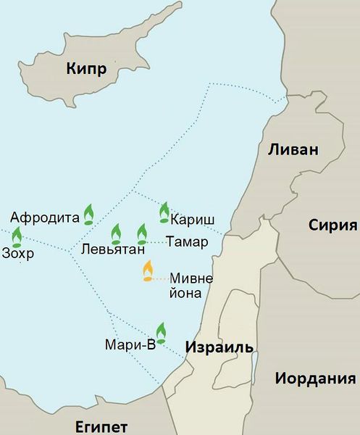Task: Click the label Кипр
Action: pyautogui.click(x=86, y=70)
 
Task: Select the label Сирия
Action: pyautogui.click(x=333, y=224)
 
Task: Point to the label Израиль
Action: pyautogui.click(x=219, y=347)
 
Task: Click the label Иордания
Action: pyautogui.click(x=315, y=378)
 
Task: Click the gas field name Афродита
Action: pyautogui.click(x=44, y=216)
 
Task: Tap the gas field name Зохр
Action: pyautogui.click(x=18, y=254)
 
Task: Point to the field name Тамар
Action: pyautogui.click(x=186, y=241)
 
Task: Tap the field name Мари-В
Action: pyautogui.click(x=130, y=345)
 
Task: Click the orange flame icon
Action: pyautogui.click(x=148, y=271)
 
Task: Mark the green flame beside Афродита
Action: pyautogui.click(x=88, y=213)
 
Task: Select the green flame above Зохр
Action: pyautogui.click(x=17, y=236)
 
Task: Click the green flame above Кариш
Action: pyautogui.click(x=164, y=212)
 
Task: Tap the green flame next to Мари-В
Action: pyautogui.click(x=160, y=332)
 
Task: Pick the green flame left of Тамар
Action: pyautogui.click(x=142, y=233)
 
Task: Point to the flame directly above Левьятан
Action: pyautogui.click(x=115, y=233)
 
